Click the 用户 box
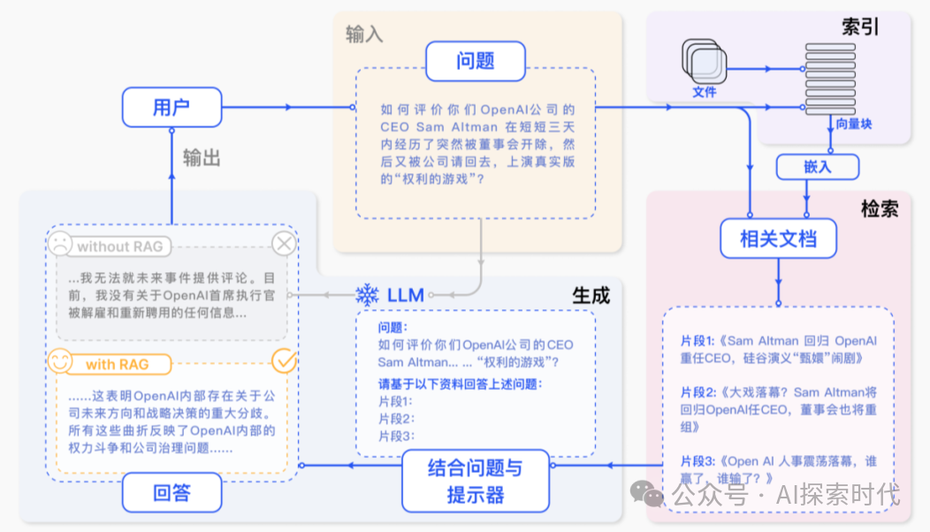coord(172,107)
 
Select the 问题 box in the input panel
coord(476,61)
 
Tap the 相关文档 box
coord(778,239)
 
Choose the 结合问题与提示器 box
coord(475,481)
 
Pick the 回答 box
coord(172,491)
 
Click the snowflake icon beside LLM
coord(367,294)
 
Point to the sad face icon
coord(60,243)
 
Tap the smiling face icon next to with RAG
coord(60,361)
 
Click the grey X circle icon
coord(283,244)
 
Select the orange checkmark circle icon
coord(284,361)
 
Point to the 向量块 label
coord(853,125)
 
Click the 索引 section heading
coord(861,27)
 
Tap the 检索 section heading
coord(880,209)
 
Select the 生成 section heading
coord(591,295)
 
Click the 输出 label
coord(202,157)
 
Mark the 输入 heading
coord(364,34)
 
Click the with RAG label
coord(117,364)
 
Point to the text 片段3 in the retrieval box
coord(698,460)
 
